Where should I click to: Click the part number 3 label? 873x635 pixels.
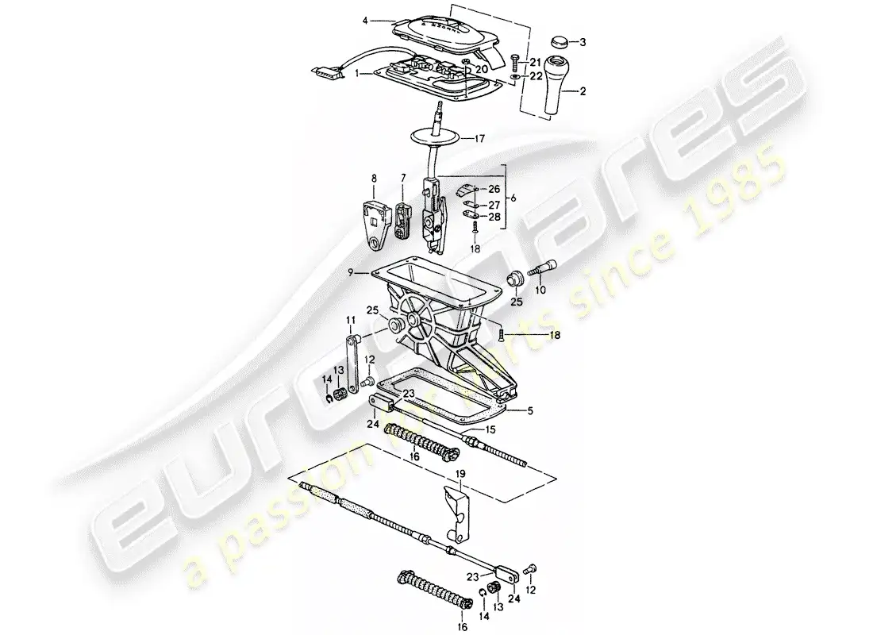tap(583, 41)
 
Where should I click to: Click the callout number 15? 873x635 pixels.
tap(490, 429)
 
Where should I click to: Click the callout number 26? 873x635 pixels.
tap(494, 189)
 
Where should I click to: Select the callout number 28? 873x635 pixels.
tap(494, 217)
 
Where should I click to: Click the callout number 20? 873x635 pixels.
tap(482, 70)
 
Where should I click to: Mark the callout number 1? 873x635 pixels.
tap(357, 72)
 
